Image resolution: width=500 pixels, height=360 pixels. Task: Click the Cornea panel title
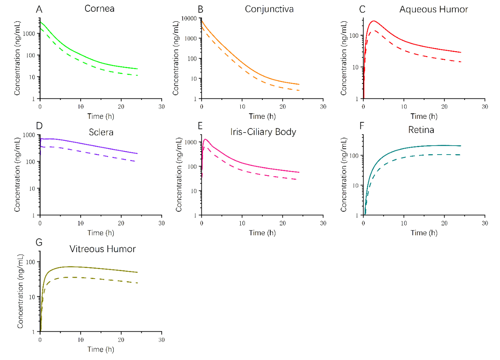click(x=100, y=8)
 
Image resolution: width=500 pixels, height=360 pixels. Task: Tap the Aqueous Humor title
click(x=434, y=9)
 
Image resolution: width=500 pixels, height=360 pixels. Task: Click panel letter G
click(x=39, y=242)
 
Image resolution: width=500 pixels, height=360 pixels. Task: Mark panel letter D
click(x=39, y=126)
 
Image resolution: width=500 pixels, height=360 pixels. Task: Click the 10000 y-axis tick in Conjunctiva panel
click(x=190, y=18)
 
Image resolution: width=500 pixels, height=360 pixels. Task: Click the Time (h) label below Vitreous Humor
click(x=101, y=349)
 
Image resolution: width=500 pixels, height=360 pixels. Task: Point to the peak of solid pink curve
click(x=205, y=139)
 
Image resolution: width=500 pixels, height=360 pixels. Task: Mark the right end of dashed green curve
click(x=137, y=75)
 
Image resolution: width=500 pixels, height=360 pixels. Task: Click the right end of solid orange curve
click(x=299, y=84)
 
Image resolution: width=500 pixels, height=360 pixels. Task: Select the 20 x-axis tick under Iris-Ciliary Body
click(x=282, y=223)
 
